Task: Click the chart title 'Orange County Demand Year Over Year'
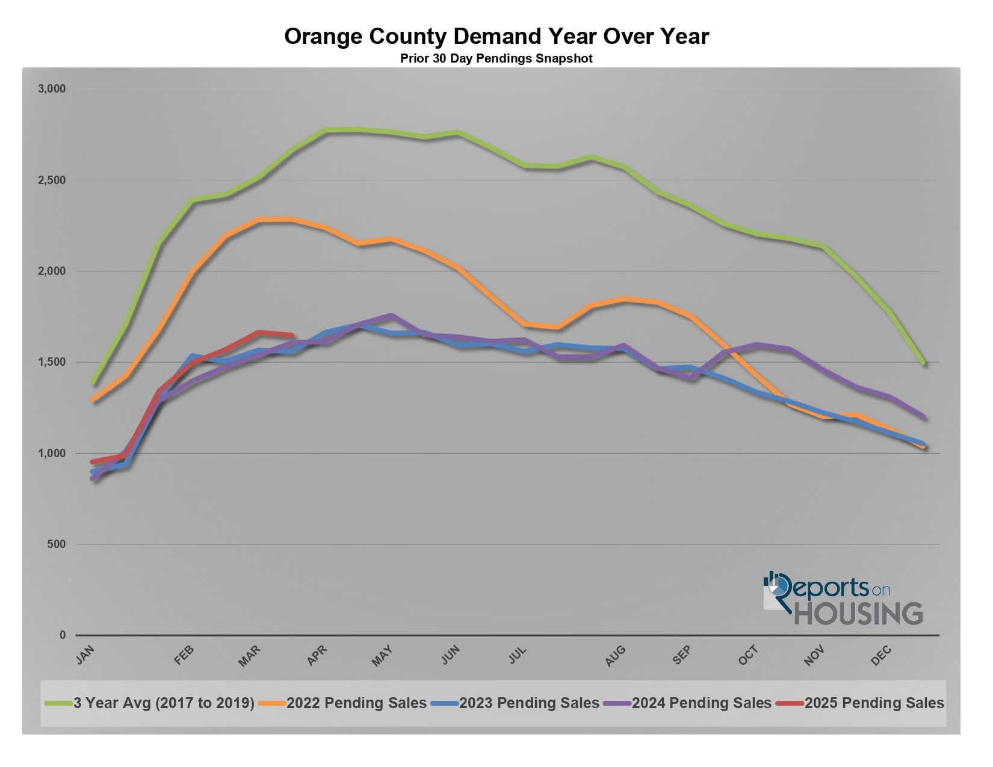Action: (496, 37)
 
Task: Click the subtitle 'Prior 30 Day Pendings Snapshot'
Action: (496, 59)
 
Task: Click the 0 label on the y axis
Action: (63, 635)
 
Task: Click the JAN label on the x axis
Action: (86, 655)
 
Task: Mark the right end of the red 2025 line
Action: (292, 335)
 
